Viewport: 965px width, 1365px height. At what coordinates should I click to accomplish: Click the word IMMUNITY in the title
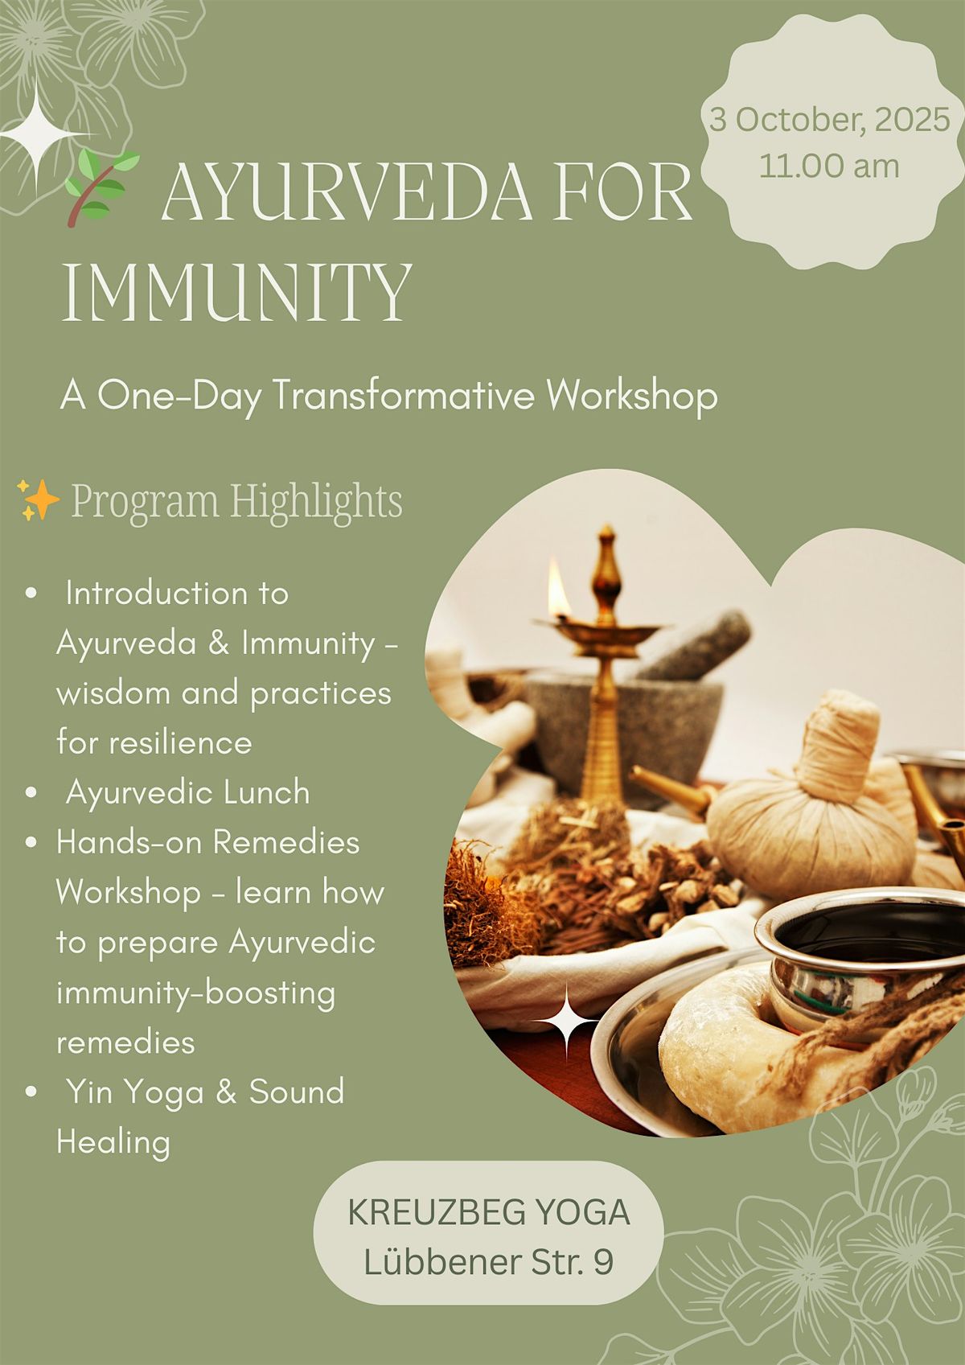[237, 293]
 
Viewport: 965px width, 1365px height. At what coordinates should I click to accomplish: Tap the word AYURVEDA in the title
[346, 191]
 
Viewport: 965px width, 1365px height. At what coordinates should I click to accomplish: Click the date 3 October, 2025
[829, 119]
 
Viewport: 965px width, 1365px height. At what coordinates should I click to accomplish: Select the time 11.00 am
[829, 166]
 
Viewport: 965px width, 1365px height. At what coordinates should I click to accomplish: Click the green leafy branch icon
[101, 187]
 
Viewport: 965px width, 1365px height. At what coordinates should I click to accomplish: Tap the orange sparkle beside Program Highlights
[39, 500]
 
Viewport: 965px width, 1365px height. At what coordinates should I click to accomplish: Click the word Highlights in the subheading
[316, 502]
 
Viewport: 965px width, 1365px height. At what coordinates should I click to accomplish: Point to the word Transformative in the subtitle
[404, 395]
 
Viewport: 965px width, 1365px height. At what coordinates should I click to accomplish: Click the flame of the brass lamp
[559, 590]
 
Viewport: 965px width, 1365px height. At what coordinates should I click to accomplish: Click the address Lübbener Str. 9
[489, 1262]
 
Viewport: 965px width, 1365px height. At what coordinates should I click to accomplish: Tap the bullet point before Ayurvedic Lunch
[31, 792]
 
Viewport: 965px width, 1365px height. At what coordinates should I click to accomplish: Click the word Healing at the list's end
[113, 1142]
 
